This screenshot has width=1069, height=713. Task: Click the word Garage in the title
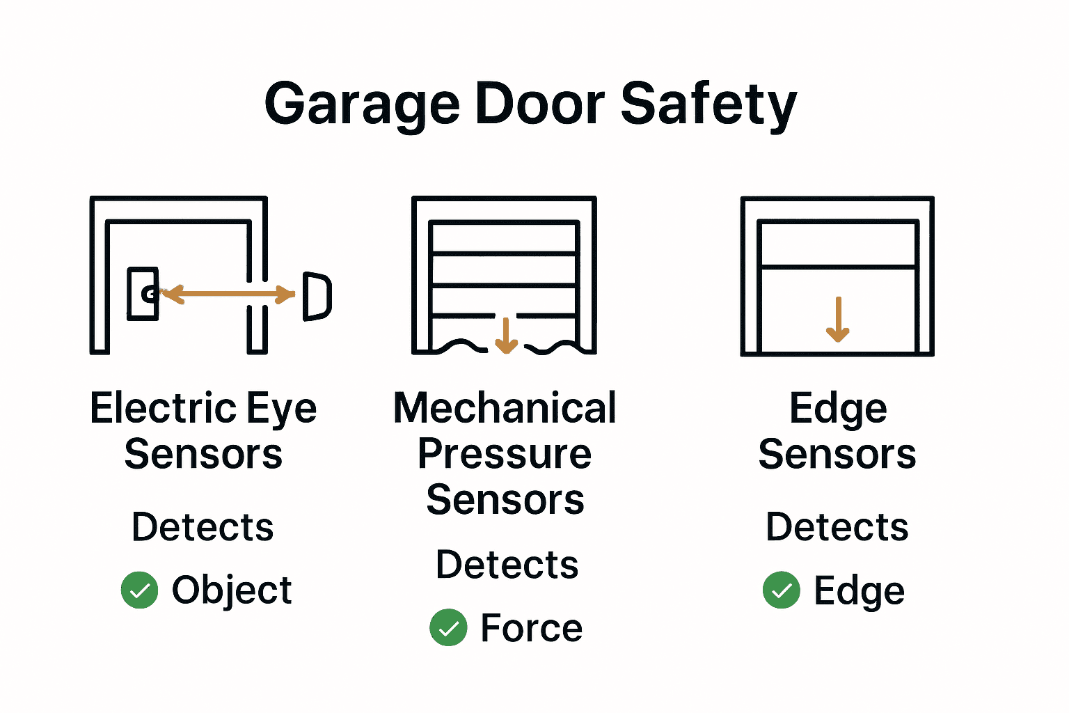click(362, 104)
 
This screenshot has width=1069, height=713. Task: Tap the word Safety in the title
click(708, 104)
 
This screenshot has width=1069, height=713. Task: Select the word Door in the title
click(539, 104)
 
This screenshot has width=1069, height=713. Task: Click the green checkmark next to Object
click(140, 590)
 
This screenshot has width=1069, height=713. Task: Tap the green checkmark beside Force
click(448, 627)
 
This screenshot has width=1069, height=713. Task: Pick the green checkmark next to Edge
click(781, 590)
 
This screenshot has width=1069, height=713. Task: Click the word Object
click(232, 590)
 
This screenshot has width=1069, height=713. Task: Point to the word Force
click(531, 628)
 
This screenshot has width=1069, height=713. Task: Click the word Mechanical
click(505, 408)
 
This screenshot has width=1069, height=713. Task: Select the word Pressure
click(505, 454)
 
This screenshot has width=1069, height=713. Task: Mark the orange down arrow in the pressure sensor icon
click(506, 335)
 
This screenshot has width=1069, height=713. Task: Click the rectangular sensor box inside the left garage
click(142, 294)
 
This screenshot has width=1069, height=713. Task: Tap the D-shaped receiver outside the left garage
click(317, 296)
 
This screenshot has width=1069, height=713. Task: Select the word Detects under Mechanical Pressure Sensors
click(507, 564)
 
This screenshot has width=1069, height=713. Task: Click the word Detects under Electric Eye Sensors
click(203, 527)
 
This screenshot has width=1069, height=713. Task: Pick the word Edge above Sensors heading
click(838, 408)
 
